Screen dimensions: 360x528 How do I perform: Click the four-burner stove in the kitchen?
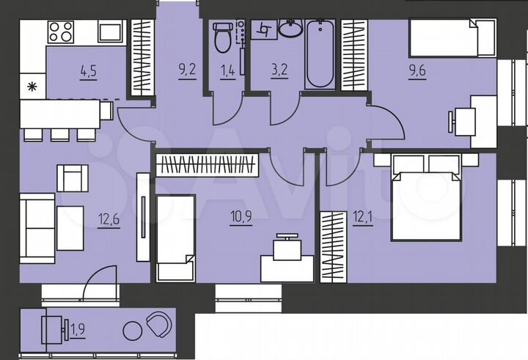point(61,32)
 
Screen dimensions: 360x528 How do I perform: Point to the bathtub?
point(320,55)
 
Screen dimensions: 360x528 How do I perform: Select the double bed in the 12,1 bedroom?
point(428,198)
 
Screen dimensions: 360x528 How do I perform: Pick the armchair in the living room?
point(72,177)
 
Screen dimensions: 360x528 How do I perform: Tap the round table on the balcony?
point(136,328)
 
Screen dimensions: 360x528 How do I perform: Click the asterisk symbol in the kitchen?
point(32,87)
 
